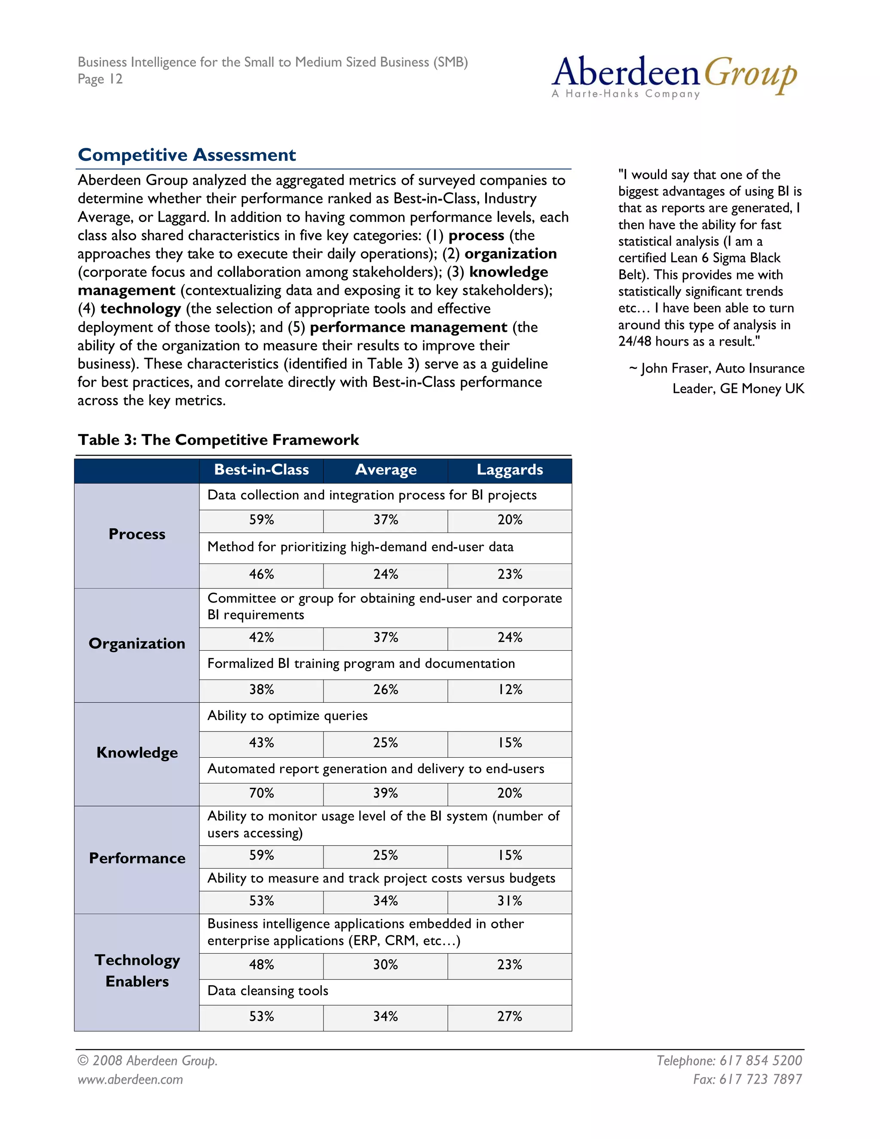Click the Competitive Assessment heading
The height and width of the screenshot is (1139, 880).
coord(186,155)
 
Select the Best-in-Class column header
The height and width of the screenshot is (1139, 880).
coord(261,470)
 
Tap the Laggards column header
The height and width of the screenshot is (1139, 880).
coord(509,470)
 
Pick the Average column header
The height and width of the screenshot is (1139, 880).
coord(385,470)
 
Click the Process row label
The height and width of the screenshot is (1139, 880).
coord(137,534)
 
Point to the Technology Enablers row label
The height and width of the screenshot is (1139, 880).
coord(137,971)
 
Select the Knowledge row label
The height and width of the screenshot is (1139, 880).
coord(137,753)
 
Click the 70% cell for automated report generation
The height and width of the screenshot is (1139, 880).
coord(261,793)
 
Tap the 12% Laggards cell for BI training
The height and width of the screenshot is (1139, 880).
coord(509,689)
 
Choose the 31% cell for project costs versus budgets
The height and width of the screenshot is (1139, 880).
coord(509,900)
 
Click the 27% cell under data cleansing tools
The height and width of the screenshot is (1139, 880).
coord(509,1016)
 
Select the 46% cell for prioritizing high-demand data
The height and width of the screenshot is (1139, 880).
coord(261,574)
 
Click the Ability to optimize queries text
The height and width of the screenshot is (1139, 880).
coord(287,716)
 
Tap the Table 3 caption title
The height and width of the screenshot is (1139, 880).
coord(218,440)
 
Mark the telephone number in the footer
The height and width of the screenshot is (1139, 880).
coord(760,1060)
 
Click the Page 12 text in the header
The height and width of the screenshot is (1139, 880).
coord(100,79)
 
